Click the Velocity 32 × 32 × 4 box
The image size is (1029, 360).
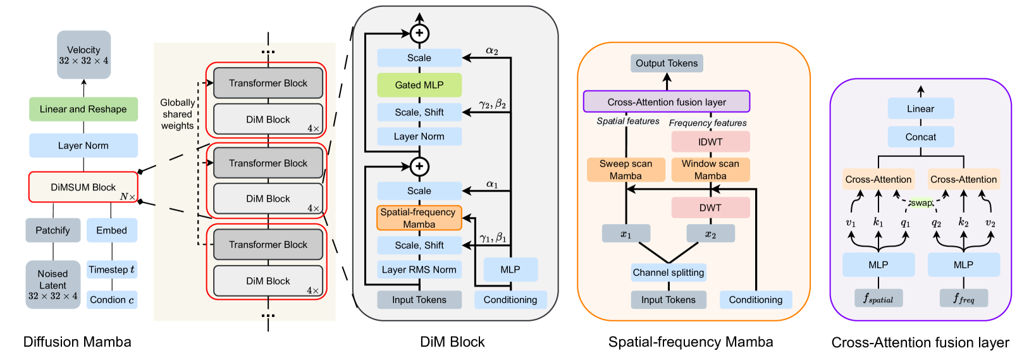click(x=84, y=55)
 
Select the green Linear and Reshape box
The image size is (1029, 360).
click(x=83, y=109)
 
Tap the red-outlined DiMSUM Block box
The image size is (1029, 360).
click(x=83, y=187)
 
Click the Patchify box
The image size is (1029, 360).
click(x=53, y=230)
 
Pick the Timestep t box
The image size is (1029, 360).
click(x=112, y=270)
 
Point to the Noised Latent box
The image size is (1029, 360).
click(x=53, y=285)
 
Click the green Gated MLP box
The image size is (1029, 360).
click(x=419, y=85)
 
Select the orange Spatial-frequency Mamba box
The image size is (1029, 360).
click(x=419, y=218)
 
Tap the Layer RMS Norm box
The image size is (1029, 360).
click(x=419, y=270)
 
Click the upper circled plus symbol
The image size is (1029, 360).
click(x=420, y=34)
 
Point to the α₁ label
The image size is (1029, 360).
click(x=492, y=184)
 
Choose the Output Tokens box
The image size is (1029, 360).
click(x=667, y=63)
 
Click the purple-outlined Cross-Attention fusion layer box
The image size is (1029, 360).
click(x=667, y=102)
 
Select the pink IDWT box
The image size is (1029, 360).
click(x=710, y=142)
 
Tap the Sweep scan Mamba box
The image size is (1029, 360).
click(x=626, y=170)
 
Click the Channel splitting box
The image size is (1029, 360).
click(x=669, y=273)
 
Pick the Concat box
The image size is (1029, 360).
click(x=920, y=137)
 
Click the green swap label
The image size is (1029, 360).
click(x=921, y=203)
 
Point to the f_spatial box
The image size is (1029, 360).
click(x=878, y=299)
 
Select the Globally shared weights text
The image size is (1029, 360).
click(x=177, y=114)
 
